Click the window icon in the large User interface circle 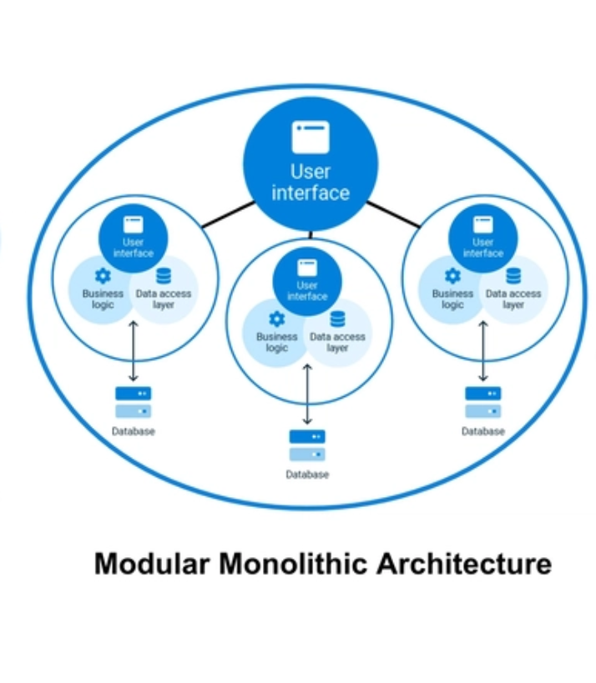click(x=311, y=137)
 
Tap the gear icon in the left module click(x=103, y=276)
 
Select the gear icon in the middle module click(x=277, y=319)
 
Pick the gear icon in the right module click(x=452, y=276)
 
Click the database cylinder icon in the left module click(x=164, y=276)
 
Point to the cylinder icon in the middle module click(x=337, y=319)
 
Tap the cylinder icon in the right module click(x=513, y=276)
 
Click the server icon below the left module click(x=134, y=401)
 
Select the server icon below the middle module click(x=307, y=445)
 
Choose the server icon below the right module click(x=483, y=401)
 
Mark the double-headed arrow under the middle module click(x=307, y=394)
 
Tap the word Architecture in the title click(x=463, y=564)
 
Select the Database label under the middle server click(x=307, y=475)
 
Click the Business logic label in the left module click(x=103, y=299)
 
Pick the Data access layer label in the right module click(x=513, y=299)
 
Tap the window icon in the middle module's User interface click(x=307, y=268)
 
